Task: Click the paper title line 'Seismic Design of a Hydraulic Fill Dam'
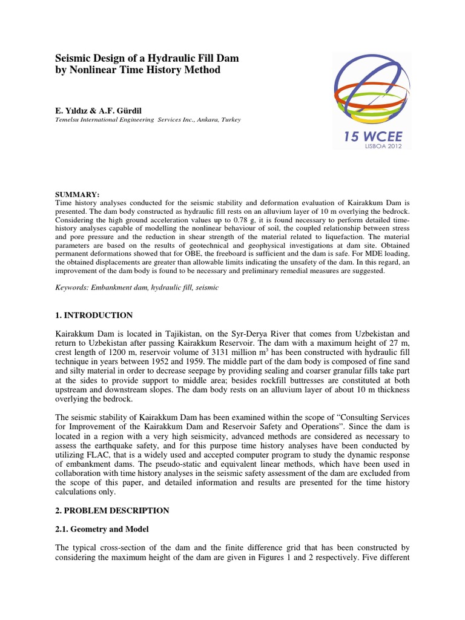(x=147, y=58)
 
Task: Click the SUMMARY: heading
(x=77, y=193)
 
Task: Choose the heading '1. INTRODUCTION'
(x=94, y=315)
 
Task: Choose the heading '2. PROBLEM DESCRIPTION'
(x=112, y=510)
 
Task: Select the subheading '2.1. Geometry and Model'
(x=102, y=529)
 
